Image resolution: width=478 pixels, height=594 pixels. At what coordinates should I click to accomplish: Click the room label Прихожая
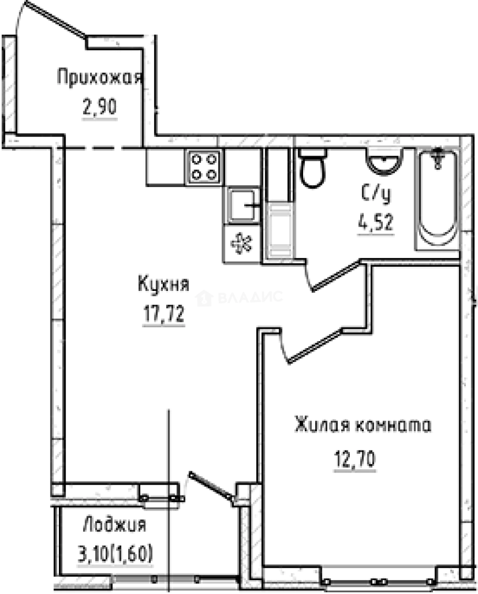[x=100, y=78]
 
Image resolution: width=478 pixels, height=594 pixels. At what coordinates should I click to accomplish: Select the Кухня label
[x=163, y=285]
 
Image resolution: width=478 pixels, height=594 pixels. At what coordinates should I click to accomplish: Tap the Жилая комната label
[x=362, y=426]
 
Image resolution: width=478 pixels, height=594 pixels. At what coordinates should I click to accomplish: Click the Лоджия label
[x=114, y=525]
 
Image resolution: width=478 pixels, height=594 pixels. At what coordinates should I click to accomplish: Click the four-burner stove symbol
[x=204, y=166]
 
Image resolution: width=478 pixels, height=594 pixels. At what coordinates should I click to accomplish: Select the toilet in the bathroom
[x=313, y=169]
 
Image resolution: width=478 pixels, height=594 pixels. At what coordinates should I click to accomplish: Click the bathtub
[x=438, y=200]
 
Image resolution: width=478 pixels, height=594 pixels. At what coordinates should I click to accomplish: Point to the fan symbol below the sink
[x=240, y=244]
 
